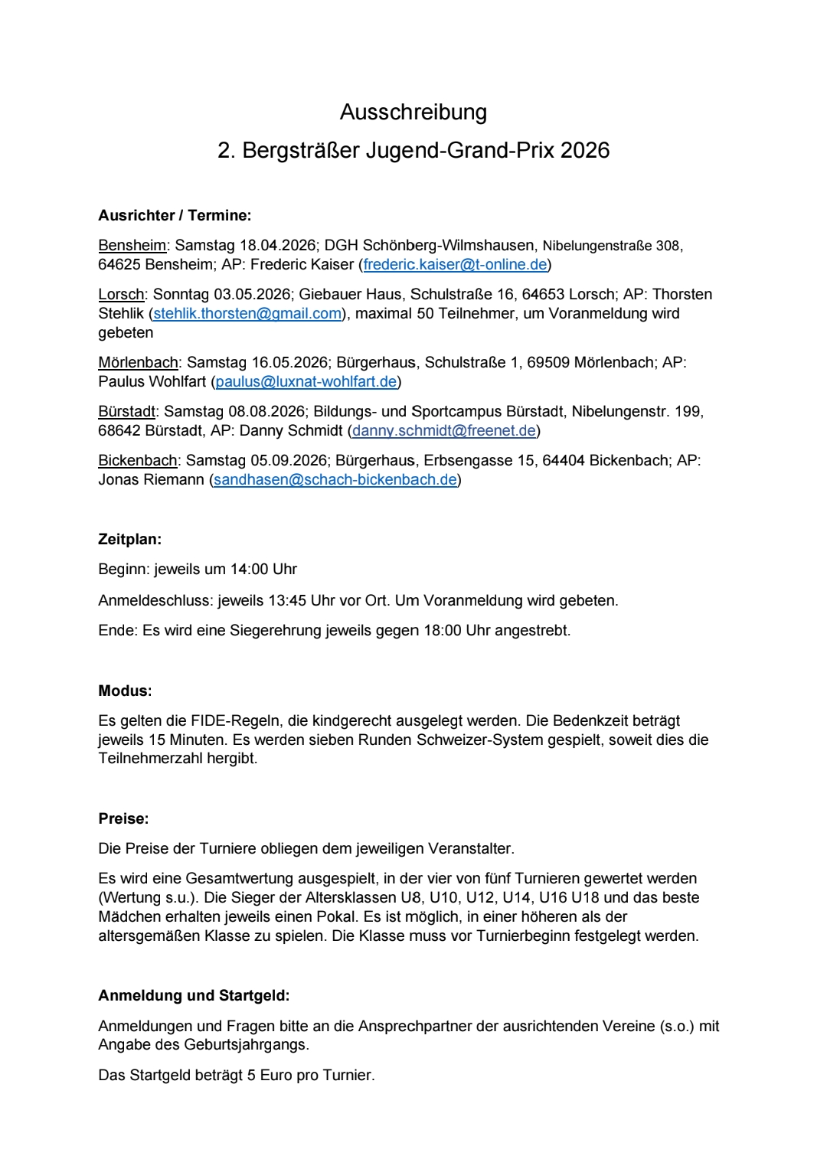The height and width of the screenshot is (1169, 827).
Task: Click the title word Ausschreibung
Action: tap(413, 113)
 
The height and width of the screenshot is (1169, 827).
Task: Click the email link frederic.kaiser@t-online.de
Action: tap(455, 265)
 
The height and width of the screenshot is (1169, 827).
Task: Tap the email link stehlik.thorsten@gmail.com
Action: tap(247, 314)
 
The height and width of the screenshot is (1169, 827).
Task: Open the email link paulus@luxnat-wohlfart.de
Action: tap(306, 382)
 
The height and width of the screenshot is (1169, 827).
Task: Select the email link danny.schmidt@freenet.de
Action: tap(443, 431)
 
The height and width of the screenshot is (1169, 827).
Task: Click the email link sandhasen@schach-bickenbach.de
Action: tap(335, 480)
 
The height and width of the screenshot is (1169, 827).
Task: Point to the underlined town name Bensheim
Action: tap(132, 246)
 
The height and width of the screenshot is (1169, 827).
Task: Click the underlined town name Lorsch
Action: tap(121, 295)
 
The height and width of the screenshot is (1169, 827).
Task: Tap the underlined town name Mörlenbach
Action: tap(138, 363)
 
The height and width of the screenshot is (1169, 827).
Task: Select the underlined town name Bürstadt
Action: tap(126, 412)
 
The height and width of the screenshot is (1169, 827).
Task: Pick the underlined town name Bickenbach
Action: tap(137, 461)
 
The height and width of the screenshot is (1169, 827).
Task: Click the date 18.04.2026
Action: tap(278, 246)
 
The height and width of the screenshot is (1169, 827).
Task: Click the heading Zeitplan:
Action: tap(129, 540)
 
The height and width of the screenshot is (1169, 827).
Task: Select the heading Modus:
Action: tap(125, 691)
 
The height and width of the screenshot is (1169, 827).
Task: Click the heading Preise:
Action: tap(123, 819)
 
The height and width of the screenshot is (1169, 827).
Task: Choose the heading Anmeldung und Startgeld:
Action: tap(194, 996)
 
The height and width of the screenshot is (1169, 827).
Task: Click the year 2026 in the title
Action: tap(584, 151)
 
